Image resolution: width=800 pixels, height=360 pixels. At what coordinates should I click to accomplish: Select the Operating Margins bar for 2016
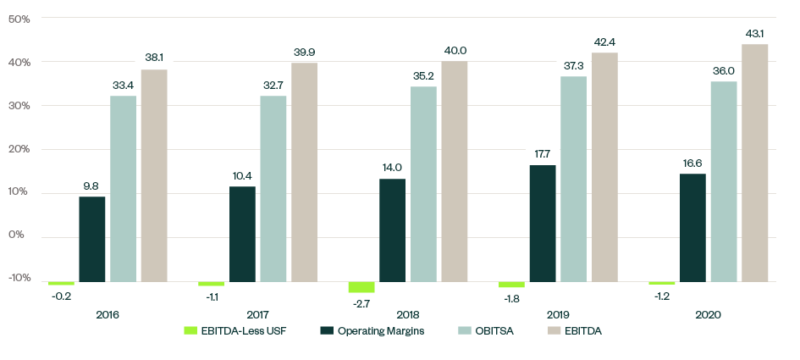click(92, 239)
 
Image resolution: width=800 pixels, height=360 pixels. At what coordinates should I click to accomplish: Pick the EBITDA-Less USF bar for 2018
click(361, 287)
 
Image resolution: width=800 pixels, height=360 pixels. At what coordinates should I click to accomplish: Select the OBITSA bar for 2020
click(724, 181)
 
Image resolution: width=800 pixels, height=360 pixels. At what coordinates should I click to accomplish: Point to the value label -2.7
click(361, 302)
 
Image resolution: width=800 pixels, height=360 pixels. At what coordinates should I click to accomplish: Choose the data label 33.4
click(124, 85)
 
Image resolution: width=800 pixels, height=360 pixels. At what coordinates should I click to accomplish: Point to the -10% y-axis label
click(19, 279)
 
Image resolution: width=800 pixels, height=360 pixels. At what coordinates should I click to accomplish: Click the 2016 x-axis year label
click(108, 314)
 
